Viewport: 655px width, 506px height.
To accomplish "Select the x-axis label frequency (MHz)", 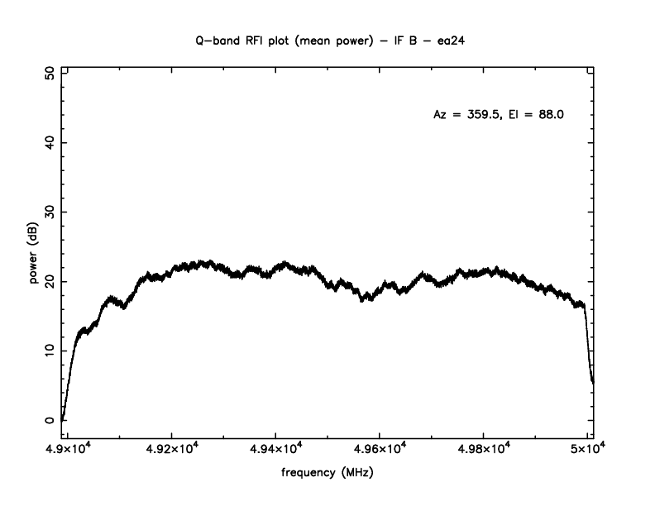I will point(327,475).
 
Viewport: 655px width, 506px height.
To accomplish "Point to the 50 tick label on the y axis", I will point(50,74).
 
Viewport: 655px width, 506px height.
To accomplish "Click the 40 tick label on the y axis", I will point(50,143).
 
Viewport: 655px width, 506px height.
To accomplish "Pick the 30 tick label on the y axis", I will point(50,212).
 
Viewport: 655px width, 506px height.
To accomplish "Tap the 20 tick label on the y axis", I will point(50,282).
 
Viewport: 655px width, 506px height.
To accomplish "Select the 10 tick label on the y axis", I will point(50,351).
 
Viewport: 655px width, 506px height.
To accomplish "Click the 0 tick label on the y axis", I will point(50,420).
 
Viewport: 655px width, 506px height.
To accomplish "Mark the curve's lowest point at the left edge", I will point(63,419).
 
